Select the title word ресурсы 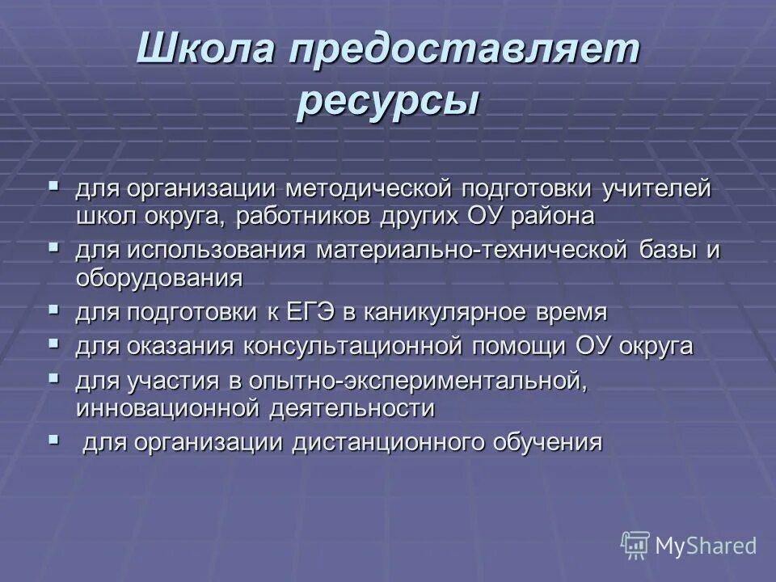tap(387, 103)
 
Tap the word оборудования tap(159, 277)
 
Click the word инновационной tap(166, 407)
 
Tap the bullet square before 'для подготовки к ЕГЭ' tap(54, 309)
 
